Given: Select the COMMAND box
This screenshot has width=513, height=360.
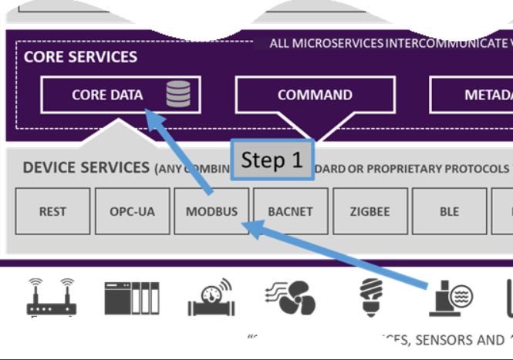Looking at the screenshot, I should [x=315, y=96].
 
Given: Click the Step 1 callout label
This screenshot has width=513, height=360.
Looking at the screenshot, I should [x=272, y=160].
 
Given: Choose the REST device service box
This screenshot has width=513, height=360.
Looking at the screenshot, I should [x=52, y=210].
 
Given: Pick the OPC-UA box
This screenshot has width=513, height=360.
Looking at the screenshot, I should [x=132, y=210].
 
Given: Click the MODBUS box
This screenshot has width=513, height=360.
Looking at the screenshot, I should [x=211, y=210].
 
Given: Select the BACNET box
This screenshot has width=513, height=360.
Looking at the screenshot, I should [x=291, y=210].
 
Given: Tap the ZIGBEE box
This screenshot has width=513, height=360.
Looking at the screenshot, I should [x=370, y=210].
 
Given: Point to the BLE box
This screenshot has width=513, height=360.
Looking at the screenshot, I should [x=449, y=210].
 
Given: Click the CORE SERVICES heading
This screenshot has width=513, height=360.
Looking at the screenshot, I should [x=80, y=57].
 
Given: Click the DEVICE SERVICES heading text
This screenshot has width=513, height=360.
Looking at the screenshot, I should [x=86, y=167].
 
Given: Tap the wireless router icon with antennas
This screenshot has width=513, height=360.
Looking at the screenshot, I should [x=52, y=298].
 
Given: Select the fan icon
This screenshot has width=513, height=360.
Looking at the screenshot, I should [x=289, y=298].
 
